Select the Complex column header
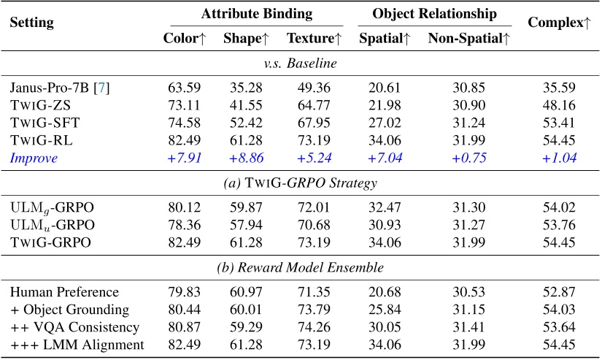coord(559,23)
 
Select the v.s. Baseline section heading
coord(300,64)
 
